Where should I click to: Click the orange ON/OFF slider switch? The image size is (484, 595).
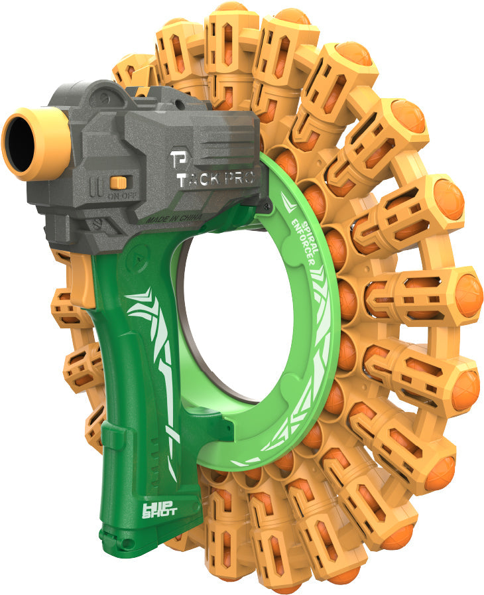pos(119,182)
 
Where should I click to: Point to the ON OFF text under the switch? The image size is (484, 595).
pos(119,196)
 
